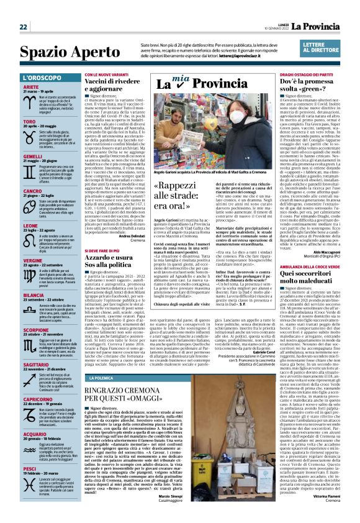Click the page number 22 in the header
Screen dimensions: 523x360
pos(23,27)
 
